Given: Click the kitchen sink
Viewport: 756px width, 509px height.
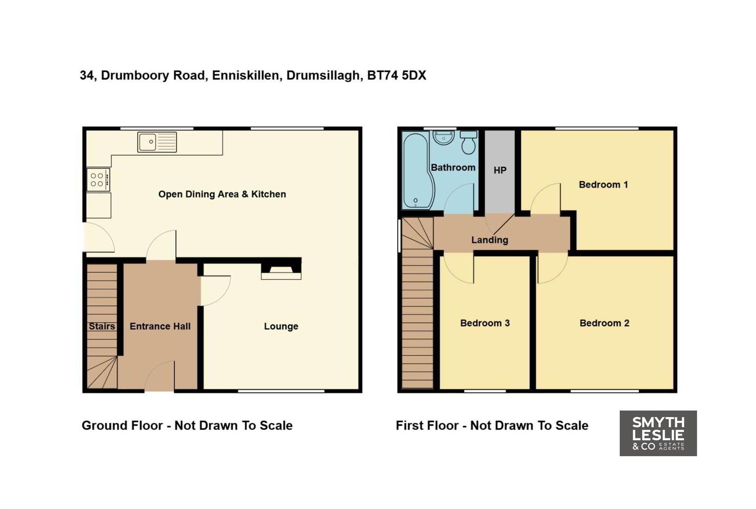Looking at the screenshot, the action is tap(157, 142).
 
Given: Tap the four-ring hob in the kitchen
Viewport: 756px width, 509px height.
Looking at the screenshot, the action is tap(98, 180).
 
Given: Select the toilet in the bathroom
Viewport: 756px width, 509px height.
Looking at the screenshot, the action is tap(468, 142).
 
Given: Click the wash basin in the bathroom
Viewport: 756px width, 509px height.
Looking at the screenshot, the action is tap(443, 138).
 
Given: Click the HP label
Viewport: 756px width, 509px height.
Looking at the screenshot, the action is tap(500, 170).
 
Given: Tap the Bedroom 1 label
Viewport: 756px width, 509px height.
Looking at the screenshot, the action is tap(604, 184).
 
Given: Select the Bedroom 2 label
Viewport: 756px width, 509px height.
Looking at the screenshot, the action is tap(605, 323).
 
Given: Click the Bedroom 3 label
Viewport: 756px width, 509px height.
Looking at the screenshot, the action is tap(485, 323).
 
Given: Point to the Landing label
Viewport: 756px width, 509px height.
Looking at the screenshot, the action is tap(490, 240).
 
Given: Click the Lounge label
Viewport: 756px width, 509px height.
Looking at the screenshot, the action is tap(281, 326).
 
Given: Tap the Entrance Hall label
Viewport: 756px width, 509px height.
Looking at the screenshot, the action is tap(160, 326).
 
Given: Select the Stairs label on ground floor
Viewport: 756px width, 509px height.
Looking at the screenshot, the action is tap(102, 326).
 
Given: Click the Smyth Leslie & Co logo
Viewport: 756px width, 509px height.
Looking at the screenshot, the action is tap(658, 433).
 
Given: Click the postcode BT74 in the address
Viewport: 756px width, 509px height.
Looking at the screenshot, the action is tap(382, 75).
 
